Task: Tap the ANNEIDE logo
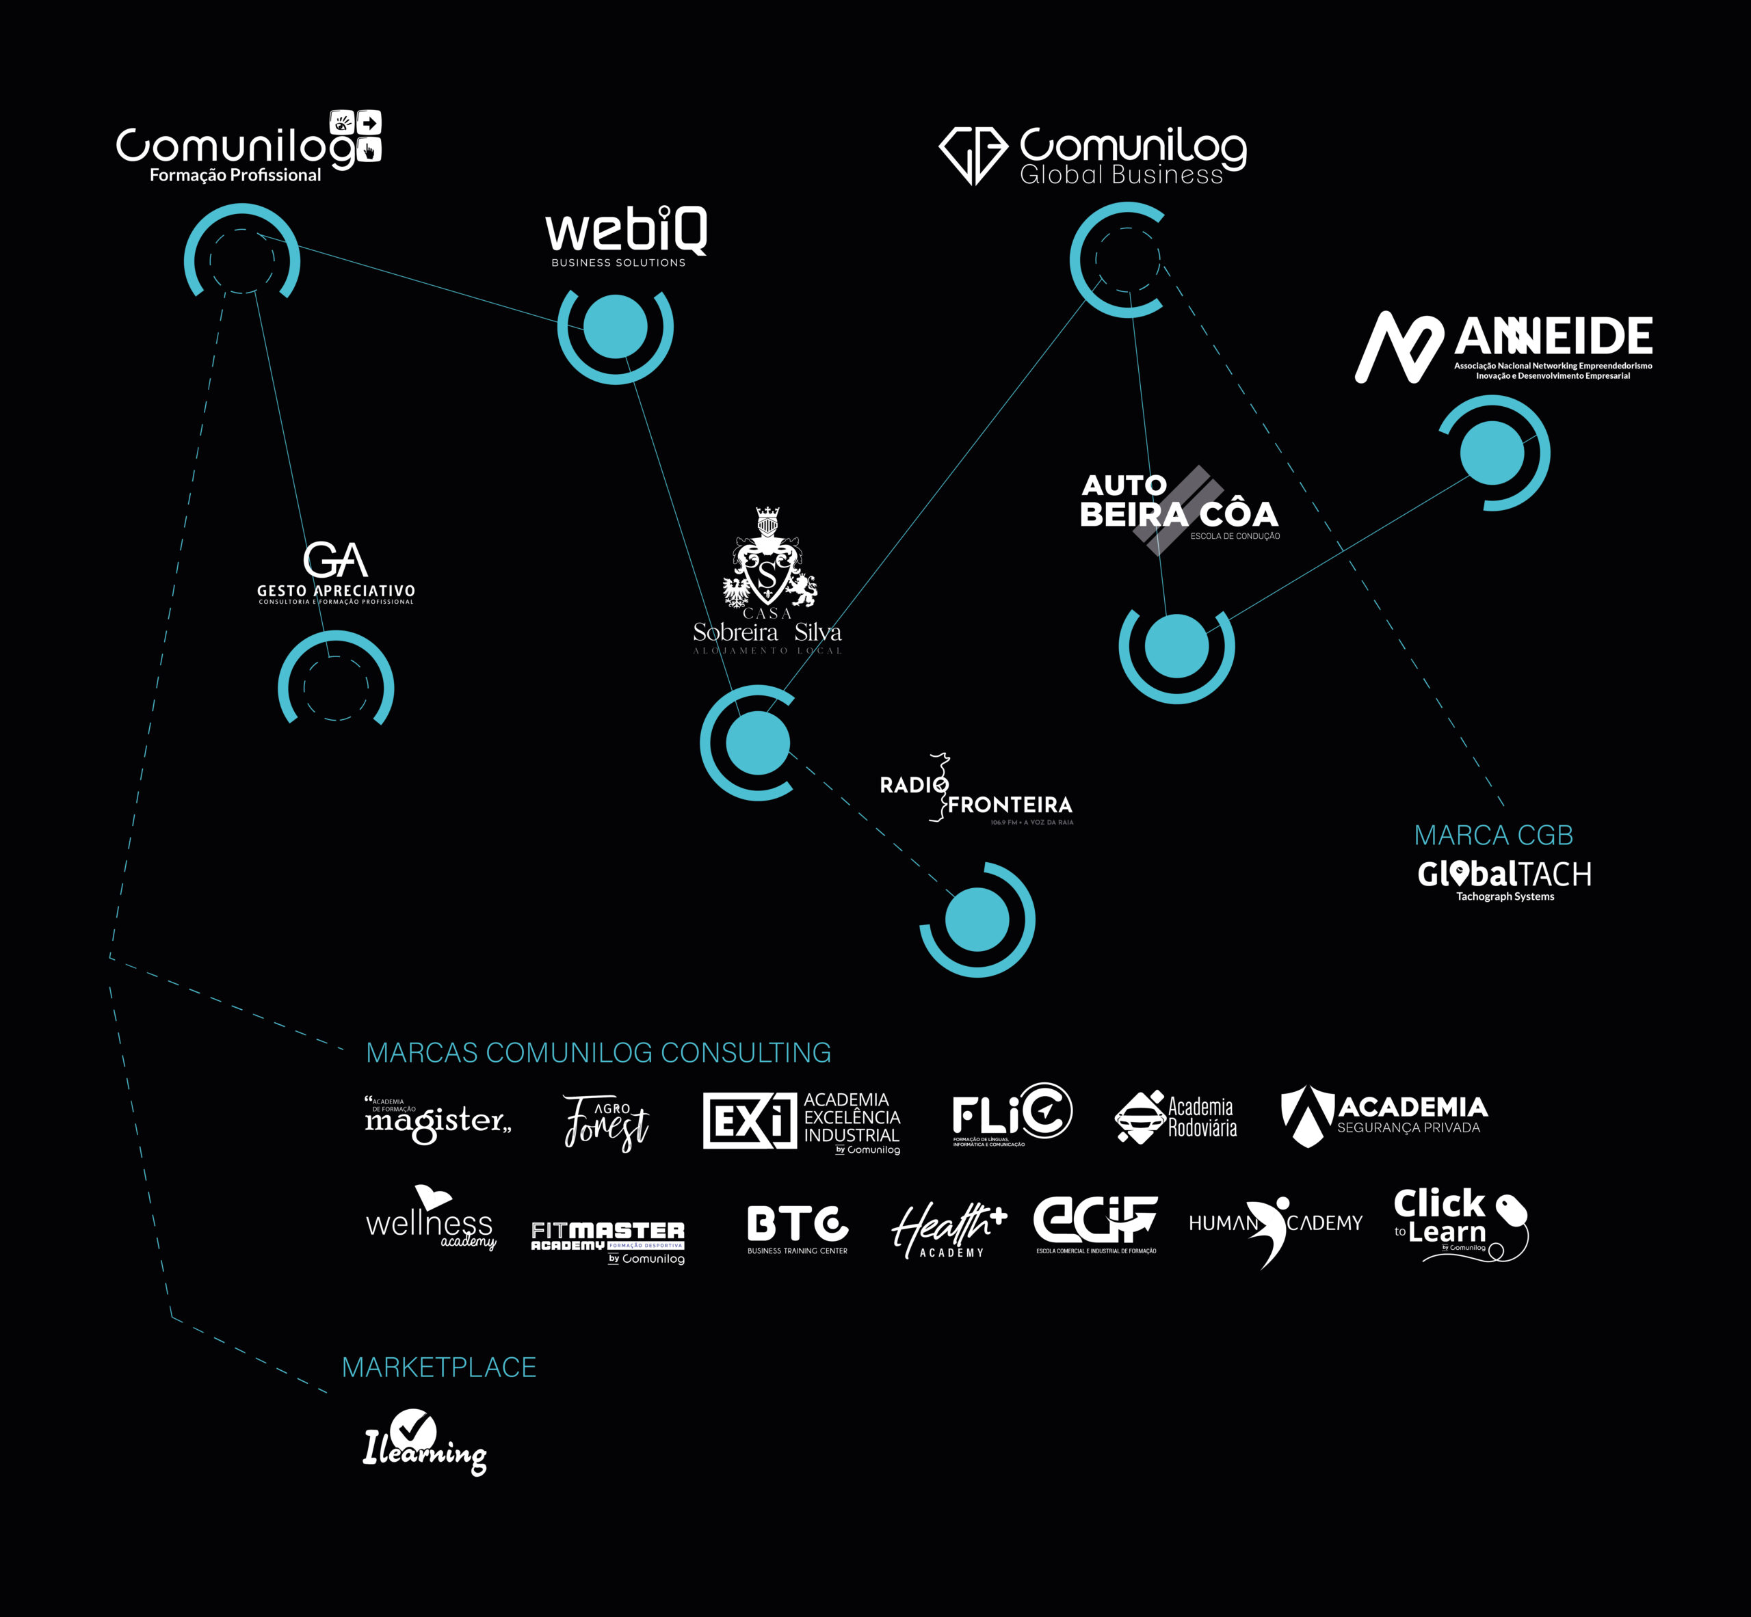click(x=1504, y=347)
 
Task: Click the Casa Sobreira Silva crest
click(x=768, y=560)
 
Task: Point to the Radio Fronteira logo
click(x=976, y=790)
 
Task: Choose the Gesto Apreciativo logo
click(x=335, y=573)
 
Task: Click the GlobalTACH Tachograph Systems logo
click(x=1504, y=878)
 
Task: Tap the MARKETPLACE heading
click(x=438, y=1367)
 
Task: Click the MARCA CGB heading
click(x=1494, y=836)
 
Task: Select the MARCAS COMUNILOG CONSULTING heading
click(x=598, y=1053)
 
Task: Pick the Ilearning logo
click(x=425, y=1441)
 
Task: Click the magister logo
click(x=437, y=1119)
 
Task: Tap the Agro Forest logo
click(x=606, y=1122)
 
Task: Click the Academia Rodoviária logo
click(x=1176, y=1117)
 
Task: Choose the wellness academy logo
click(x=431, y=1219)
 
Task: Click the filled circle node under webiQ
click(x=616, y=326)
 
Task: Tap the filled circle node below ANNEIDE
click(x=1492, y=453)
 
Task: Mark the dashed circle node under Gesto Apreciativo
click(x=335, y=688)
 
